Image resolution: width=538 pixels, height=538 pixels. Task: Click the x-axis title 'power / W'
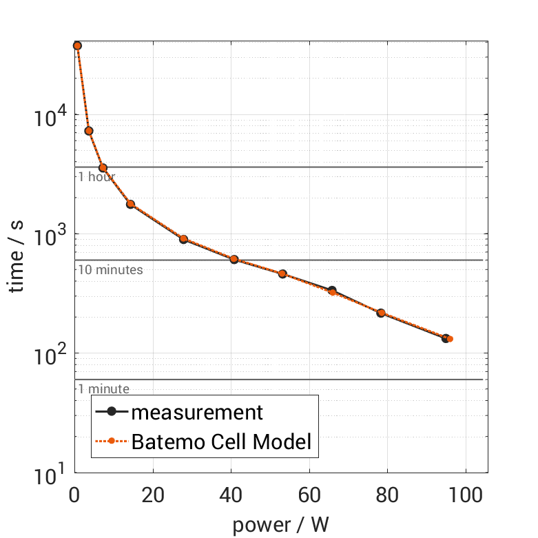[280, 524]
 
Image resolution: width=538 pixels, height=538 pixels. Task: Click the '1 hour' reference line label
[96, 177]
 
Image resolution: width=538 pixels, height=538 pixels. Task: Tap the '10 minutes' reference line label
[110, 269]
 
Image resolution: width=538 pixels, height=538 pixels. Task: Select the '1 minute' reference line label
[103, 389]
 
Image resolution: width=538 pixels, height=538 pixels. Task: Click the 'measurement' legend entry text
[197, 412]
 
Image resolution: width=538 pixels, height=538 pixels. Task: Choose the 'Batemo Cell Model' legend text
[222, 442]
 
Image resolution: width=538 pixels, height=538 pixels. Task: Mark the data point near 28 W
[184, 239]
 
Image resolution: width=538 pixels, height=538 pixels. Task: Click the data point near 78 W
[381, 313]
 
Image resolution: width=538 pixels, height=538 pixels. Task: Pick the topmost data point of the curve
[77, 45]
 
